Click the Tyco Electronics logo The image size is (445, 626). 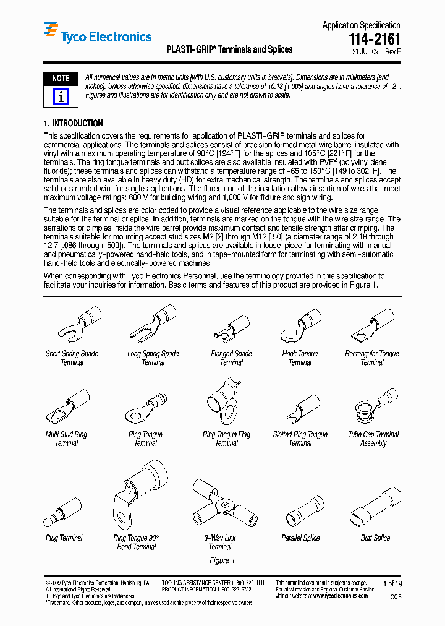[97, 36]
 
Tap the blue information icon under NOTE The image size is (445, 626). [61, 96]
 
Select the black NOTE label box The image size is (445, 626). [61, 79]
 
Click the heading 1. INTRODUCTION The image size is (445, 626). [74, 123]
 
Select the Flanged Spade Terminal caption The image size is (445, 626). [231, 358]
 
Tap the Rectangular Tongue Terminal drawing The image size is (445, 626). [372, 324]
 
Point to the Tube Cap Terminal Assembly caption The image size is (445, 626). [373, 439]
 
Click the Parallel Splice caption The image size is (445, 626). [300, 538]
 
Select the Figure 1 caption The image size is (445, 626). [222, 560]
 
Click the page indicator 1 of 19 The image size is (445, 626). [392, 583]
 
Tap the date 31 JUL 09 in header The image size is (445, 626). [366, 53]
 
